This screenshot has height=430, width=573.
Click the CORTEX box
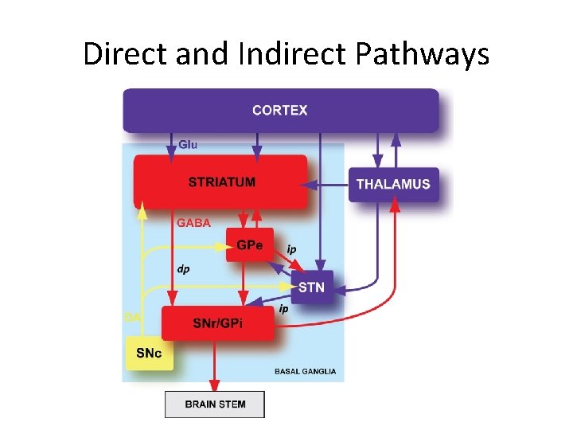coord(279,110)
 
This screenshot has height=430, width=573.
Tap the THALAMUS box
coord(393,184)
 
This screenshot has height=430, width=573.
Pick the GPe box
coord(249,244)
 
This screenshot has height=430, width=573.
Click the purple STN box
coord(311,287)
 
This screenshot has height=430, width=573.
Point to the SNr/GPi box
coord(218,322)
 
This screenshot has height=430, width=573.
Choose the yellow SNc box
coord(150,353)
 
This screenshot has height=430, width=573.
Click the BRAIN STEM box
coord(215,404)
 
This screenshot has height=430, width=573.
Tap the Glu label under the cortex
coord(189,145)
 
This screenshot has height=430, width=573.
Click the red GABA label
coord(194,223)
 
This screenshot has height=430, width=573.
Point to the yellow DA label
coord(132,317)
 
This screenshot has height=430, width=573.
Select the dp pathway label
coord(183,269)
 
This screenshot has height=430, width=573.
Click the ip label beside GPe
coord(291,249)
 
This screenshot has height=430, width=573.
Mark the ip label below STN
coord(283,309)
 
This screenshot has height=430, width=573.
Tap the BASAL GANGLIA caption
coord(305,371)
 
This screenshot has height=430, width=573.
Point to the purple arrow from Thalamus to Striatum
coord(328,184)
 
